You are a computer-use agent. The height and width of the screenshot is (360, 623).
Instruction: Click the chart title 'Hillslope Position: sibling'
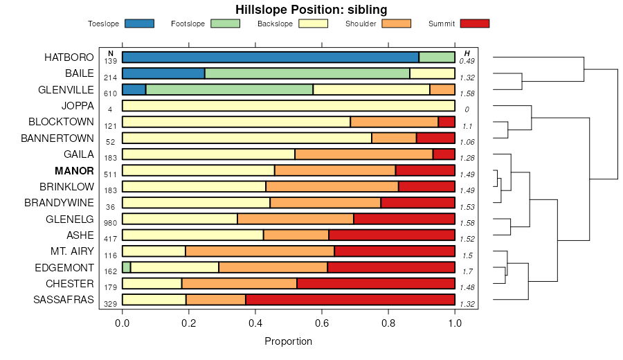point(311,9)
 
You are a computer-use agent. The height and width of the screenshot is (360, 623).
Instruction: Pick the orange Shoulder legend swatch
point(395,24)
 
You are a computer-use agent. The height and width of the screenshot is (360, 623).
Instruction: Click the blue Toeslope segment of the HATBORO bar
point(270,57)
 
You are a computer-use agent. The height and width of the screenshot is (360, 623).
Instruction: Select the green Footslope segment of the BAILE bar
point(307,73)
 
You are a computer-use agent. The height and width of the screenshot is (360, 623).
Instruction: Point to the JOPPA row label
point(78,106)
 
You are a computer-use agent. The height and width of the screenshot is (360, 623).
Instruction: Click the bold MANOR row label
point(74,170)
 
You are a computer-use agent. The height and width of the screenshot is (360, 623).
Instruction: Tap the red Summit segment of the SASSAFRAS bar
point(350,300)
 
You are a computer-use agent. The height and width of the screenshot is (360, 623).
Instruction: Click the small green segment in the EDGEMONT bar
point(126,267)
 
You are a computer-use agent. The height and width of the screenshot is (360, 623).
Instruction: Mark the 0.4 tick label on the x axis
point(255,322)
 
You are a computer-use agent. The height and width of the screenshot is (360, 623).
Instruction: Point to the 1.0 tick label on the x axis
point(455,322)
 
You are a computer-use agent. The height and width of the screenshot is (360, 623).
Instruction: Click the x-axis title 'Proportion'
point(289,341)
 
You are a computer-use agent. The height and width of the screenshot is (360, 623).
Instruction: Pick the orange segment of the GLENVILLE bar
point(442,89)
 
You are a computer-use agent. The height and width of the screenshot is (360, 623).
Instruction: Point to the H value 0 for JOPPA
point(467,109)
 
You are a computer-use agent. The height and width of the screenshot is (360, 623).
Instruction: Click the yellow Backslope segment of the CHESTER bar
point(152,284)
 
